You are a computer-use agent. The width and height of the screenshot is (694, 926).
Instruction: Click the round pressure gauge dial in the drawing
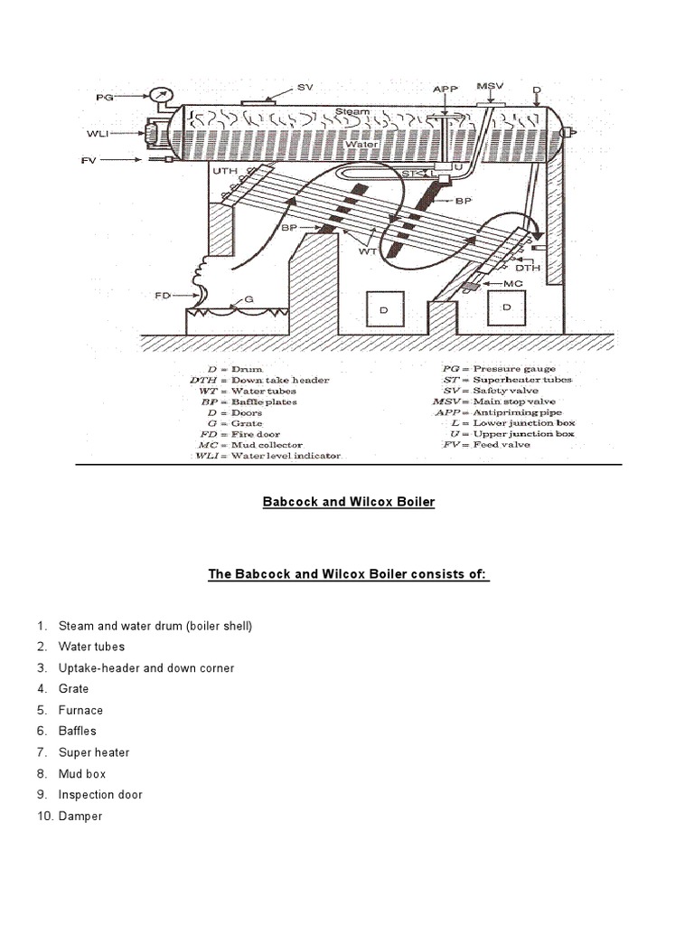pos(162,94)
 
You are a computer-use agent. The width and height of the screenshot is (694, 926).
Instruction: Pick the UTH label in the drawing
pos(225,171)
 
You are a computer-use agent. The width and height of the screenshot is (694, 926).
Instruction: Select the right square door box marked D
pos(506,307)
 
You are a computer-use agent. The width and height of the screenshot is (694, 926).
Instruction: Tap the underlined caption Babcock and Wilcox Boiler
pos(348,501)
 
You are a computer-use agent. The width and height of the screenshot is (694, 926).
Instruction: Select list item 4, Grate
pos(73,689)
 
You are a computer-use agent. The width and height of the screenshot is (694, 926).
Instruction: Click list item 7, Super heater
pos(93,752)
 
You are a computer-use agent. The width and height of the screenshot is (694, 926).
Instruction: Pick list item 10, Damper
pos(80,816)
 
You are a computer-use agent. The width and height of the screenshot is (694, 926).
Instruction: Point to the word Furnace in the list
pos(80,710)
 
